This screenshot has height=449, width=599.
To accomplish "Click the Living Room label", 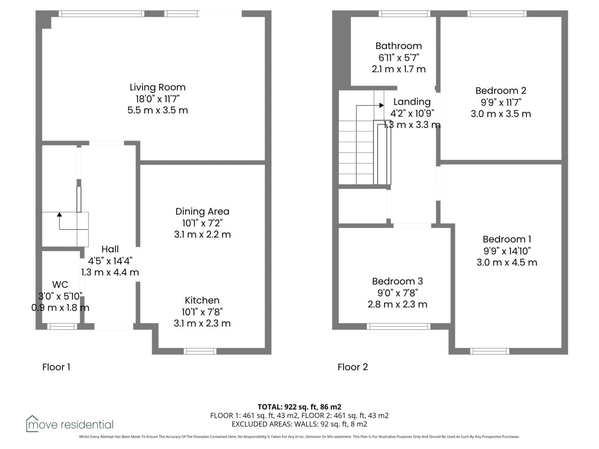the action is click(158, 87).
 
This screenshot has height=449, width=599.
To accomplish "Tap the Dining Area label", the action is click(202, 211).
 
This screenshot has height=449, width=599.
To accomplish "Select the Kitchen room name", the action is click(202, 300).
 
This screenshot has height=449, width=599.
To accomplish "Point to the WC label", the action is click(60, 285).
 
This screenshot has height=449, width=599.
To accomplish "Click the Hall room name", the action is click(110, 249).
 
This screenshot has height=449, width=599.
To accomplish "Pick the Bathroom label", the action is click(399, 46).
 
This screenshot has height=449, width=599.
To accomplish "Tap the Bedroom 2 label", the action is click(501, 91).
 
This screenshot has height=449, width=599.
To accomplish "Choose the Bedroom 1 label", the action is click(507, 239).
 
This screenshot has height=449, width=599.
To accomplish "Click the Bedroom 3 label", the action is click(397, 281).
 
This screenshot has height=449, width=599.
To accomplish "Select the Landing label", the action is click(412, 102).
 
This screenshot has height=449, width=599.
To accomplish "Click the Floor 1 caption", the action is click(56, 367).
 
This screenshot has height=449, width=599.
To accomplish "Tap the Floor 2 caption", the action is click(353, 367).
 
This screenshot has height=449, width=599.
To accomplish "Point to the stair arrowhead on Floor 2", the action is click(382, 105).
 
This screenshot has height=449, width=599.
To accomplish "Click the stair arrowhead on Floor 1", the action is click(59, 214).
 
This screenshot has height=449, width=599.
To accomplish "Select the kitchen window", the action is click(200, 351).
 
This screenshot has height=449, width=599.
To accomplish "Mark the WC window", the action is click(62, 326).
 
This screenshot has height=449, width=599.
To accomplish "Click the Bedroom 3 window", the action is click(399, 326).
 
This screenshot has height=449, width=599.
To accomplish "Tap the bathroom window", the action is click(404, 14).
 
